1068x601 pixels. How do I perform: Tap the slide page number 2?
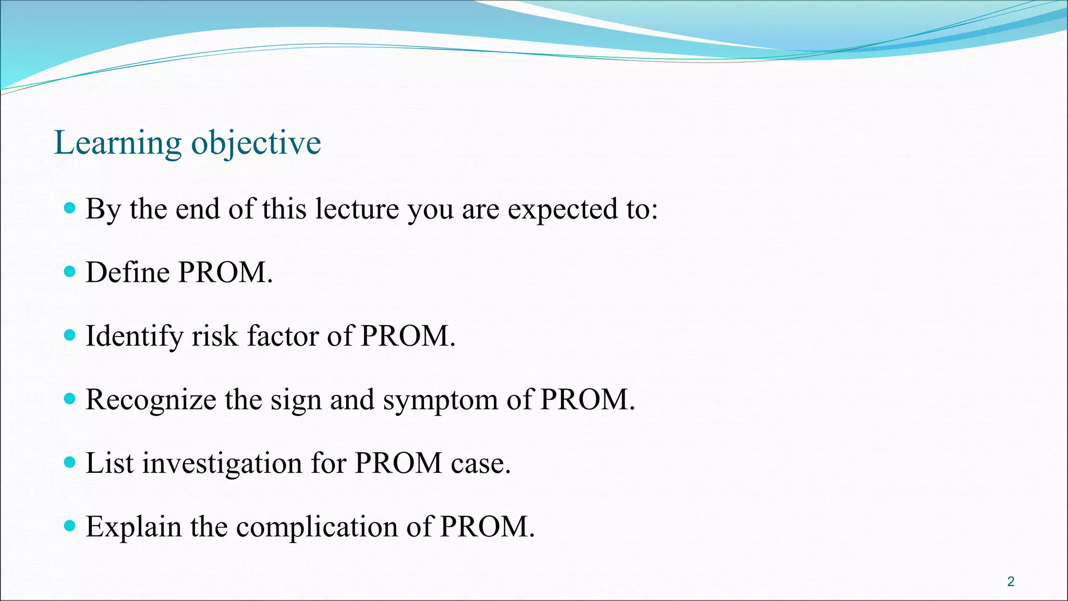click(1011, 582)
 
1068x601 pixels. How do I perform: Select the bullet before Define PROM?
click(69, 271)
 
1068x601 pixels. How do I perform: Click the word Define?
click(127, 272)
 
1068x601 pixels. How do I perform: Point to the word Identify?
click(134, 336)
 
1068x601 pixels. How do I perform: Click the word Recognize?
click(151, 400)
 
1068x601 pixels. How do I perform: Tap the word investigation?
click(222, 464)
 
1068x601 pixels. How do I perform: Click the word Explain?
click(133, 527)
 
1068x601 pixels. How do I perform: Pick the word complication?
click(317, 527)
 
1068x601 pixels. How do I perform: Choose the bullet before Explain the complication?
click(69, 525)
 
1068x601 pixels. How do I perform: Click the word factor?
click(282, 336)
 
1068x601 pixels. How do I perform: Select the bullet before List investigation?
click(69, 462)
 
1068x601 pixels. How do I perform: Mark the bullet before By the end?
click(69, 208)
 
